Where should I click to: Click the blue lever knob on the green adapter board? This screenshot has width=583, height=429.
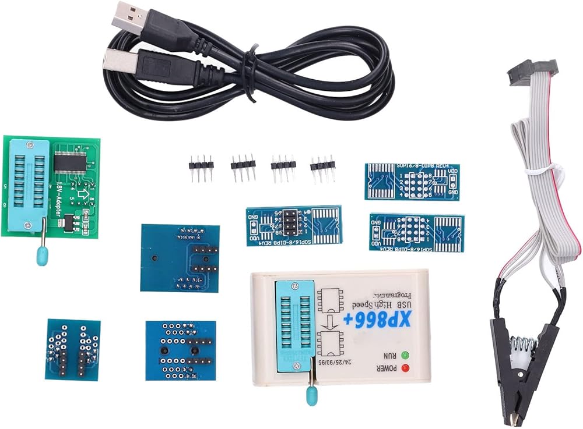point(42,256)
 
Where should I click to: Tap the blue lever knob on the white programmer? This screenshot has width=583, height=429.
point(309,398)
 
